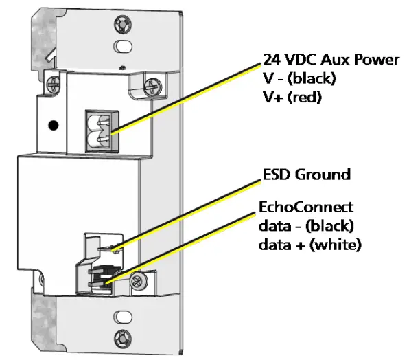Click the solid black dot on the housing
point(52,126)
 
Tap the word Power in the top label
point(377,59)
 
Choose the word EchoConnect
point(305,207)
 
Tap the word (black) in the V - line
point(311,78)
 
